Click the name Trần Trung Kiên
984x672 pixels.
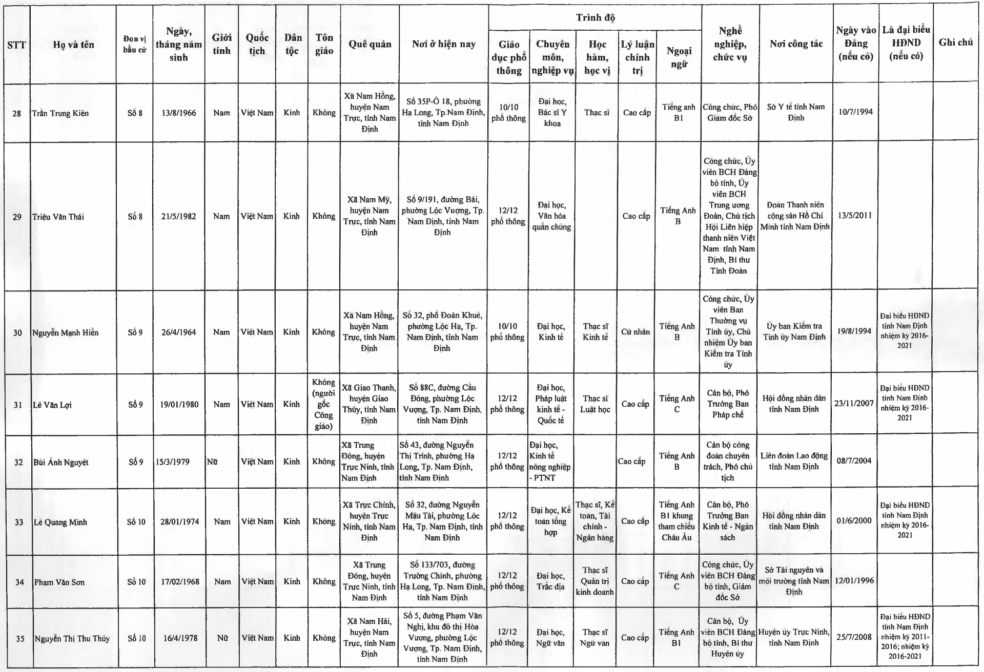pos(60,113)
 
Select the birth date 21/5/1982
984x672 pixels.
pos(178,216)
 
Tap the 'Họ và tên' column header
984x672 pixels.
pos(73,45)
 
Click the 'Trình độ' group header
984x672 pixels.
pos(594,18)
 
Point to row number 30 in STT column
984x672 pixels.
pos(17,332)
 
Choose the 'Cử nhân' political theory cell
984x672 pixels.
pos(635,332)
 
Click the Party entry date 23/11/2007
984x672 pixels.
pos(854,403)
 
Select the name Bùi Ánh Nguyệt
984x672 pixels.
pos(61,462)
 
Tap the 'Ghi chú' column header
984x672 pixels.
pos(955,43)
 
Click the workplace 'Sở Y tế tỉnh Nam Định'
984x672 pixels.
pos(795,112)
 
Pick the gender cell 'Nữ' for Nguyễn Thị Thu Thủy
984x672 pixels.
pos(222,638)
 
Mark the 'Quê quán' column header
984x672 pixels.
pos(370,44)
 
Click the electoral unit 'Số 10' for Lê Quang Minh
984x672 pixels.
pos(136,522)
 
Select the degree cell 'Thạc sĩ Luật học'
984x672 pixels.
pos(595,404)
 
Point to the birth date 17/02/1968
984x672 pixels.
pos(180,582)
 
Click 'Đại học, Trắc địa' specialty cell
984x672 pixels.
pos(550,581)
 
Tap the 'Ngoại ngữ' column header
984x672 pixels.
pos(679,57)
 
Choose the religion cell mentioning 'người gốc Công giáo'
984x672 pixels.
pos(323,404)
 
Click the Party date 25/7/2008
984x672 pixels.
pos(854,637)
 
